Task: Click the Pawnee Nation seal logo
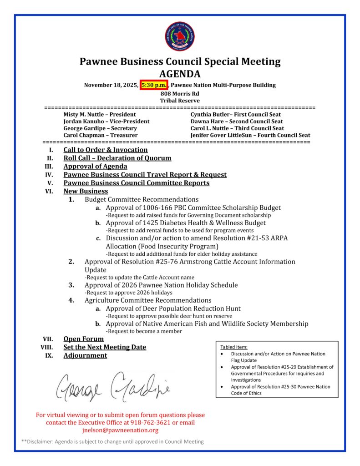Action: click(x=180, y=37)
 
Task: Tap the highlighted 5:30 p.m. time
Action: click(x=154, y=85)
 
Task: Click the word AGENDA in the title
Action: click(x=180, y=74)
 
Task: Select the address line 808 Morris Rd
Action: click(x=180, y=93)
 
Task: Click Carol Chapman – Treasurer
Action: click(x=100, y=135)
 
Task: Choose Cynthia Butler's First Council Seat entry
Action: click(x=235, y=115)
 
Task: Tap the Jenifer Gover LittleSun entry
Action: click(x=250, y=135)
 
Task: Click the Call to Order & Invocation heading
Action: click(x=106, y=150)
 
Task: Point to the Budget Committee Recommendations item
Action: click(x=142, y=199)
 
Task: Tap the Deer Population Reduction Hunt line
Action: click(x=173, y=309)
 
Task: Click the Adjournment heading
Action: click(x=85, y=355)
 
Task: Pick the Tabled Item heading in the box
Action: click(x=234, y=347)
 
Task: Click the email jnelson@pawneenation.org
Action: click(x=120, y=430)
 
